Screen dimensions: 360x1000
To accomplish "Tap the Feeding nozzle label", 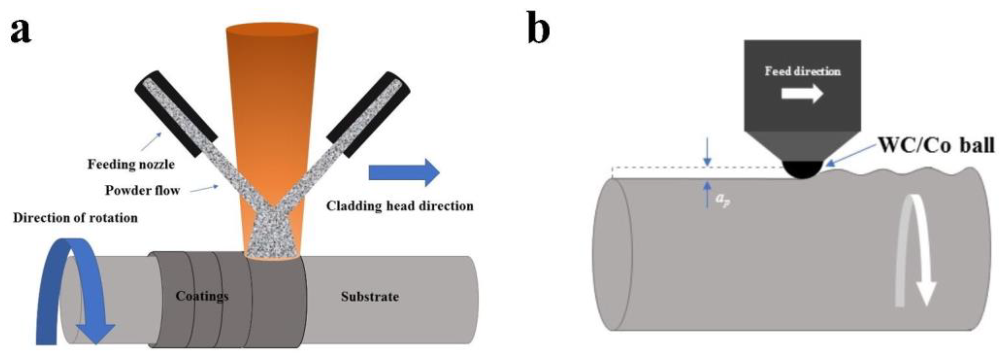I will [131, 164].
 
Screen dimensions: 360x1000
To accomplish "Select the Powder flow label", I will [143, 191].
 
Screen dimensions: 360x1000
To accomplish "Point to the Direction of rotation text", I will [75, 218].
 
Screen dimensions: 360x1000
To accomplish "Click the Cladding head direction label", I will [399, 206].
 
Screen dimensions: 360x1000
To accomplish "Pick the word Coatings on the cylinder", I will [202, 296].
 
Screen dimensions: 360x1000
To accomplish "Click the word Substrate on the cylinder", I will [370, 297].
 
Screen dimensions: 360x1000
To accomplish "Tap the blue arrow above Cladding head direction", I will [403, 172].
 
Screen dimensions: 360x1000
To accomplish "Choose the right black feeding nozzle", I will [369, 113].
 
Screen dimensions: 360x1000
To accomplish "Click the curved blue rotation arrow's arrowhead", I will [95, 333].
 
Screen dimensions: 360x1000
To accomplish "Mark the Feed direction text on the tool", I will [802, 71].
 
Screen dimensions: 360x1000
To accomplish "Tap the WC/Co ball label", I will [936, 145].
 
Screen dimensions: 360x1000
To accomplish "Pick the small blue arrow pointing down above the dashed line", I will [707, 157].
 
